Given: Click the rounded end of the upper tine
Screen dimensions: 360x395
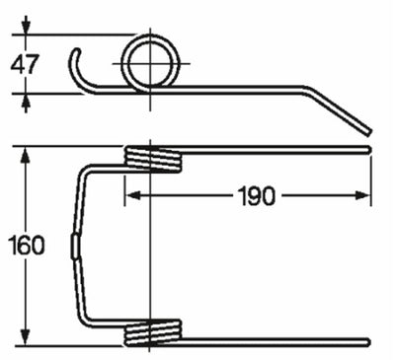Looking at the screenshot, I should [x=369, y=150].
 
